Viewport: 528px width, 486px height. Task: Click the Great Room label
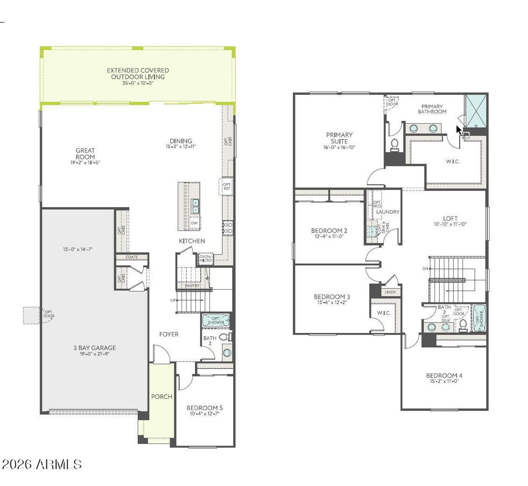(85, 153)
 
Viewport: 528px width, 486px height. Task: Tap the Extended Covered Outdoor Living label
(138, 73)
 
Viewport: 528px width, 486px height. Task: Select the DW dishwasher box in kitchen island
(194, 223)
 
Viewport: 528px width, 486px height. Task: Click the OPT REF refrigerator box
(226, 186)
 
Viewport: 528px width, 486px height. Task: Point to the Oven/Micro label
(205, 258)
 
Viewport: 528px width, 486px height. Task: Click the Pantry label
(192, 285)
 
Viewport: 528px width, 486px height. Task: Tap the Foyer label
(169, 334)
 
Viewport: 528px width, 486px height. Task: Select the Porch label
(161, 396)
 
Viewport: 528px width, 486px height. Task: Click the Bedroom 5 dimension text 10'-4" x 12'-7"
(205, 413)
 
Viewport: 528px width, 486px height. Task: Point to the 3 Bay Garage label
(94, 348)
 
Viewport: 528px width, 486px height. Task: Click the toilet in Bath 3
(224, 337)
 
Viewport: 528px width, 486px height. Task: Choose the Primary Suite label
(339, 138)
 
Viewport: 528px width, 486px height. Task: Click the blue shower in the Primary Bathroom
(476, 110)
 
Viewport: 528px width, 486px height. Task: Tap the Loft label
(450, 218)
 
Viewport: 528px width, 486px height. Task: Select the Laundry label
(388, 212)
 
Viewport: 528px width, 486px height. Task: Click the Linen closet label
(390, 292)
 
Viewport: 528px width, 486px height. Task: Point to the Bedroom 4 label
(444, 375)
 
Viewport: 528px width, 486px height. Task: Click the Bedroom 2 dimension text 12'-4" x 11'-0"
(329, 236)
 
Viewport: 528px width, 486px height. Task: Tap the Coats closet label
(132, 257)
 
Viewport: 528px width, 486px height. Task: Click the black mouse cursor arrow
(459, 130)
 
